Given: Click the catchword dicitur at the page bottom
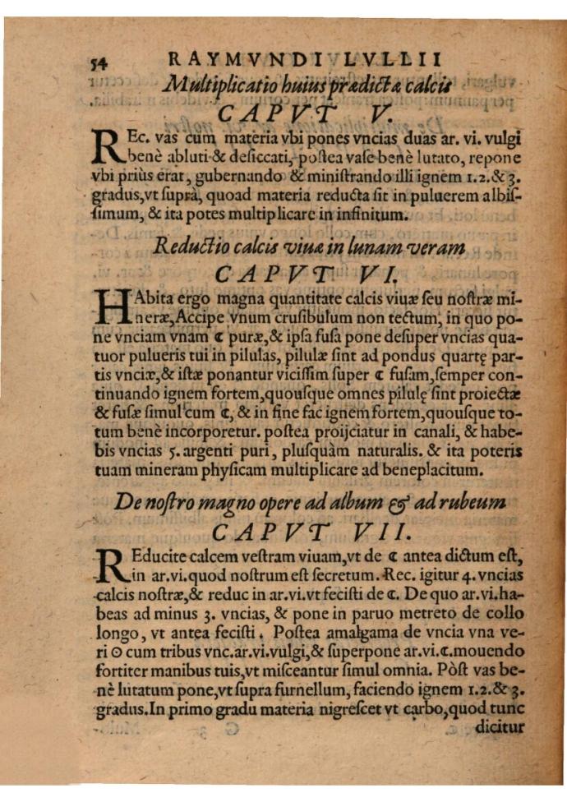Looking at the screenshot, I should (498, 726).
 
